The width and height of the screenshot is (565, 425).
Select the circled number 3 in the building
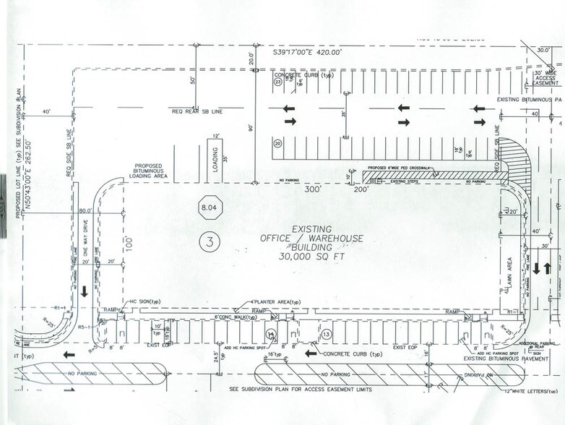[210, 243]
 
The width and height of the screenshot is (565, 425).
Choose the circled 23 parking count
[277, 82]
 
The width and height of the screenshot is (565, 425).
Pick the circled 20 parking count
[277, 143]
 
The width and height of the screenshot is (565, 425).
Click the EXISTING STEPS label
[406, 181]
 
